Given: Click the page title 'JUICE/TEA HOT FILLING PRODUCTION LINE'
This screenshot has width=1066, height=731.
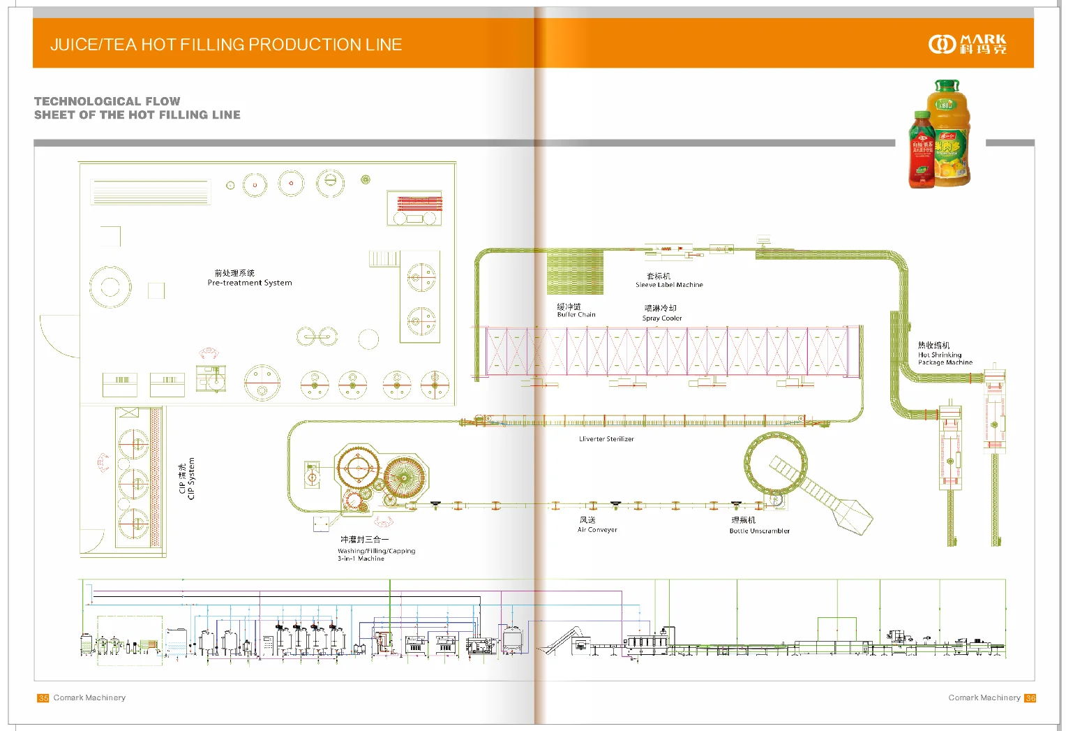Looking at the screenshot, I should (226, 45).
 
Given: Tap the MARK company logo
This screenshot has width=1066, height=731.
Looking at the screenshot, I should (968, 45).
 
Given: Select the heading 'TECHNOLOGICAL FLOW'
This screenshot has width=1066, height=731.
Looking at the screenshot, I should (107, 101).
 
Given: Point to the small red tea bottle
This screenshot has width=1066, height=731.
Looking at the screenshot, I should (922, 151).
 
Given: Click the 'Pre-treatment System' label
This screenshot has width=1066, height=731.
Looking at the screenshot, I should (250, 283).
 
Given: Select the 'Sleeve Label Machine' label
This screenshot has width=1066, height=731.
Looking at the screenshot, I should (669, 285).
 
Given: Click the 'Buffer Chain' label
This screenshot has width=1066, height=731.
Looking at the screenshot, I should (576, 315).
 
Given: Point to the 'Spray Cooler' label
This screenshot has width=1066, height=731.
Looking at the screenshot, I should (662, 318).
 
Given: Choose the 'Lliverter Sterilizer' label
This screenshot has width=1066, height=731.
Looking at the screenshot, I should (606, 439).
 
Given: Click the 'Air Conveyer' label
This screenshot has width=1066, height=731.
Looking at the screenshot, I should (597, 530).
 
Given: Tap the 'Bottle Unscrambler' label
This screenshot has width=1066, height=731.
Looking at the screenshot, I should (760, 531).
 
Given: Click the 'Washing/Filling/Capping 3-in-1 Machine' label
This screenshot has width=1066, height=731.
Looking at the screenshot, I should (376, 554).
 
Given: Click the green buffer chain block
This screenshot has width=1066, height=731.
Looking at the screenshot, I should (575, 272).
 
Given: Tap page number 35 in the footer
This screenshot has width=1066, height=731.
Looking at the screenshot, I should (43, 698).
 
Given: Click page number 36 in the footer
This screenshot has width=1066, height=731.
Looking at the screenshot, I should (1030, 698).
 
